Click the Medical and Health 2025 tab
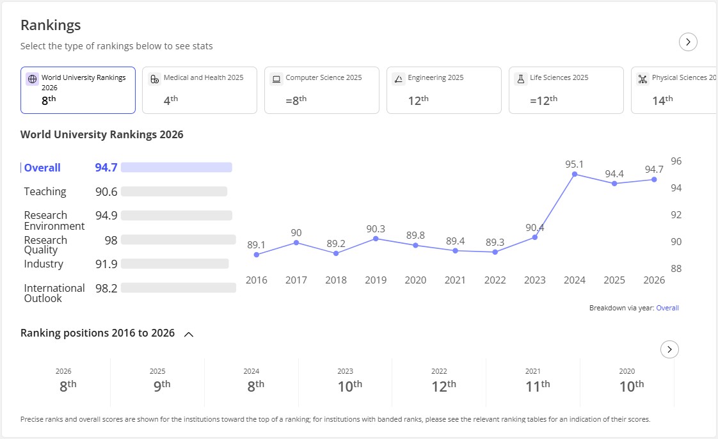[x=200, y=90]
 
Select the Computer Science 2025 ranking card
[x=321, y=90]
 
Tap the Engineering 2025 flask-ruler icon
[x=399, y=79]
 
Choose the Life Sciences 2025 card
[x=566, y=90]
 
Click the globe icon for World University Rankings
[x=32, y=79]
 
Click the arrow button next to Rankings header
[x=688, y=42]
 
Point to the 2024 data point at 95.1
[x=575, y=174]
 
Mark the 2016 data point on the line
[x=257, y=255]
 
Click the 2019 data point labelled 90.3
[x=376, y=239]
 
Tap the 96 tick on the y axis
[x=676, y=161]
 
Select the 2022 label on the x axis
[x=495, y=280]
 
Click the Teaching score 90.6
[x=106, y=192]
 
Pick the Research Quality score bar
[x=178, y=240]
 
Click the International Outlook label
[x=54, y=293]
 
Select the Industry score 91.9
[x=106, y=264]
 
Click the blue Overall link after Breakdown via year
[x=667, y=308]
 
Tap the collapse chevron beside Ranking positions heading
[x=189, y=334]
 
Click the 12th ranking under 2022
[x=443, y=386]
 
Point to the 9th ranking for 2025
[x=162, y=386]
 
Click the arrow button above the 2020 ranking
[x=669, y=350]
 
